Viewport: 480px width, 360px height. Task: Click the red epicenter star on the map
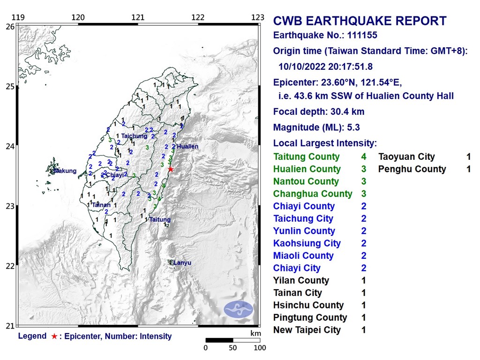click(171, 169)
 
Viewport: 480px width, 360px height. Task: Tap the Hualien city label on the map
click(187, 146)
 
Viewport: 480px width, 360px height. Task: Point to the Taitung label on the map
click(160, 219)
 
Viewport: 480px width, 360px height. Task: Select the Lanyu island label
click(182, 263)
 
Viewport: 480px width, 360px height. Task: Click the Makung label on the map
click(65, 171)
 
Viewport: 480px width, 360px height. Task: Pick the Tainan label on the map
click(101, 205)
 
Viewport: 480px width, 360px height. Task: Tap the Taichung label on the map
click(134, 136)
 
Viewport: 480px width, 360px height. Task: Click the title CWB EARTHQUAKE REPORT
click(360, 21)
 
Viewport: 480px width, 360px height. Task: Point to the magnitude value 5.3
click(354, 127)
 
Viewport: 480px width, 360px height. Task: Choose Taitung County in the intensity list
click(306, 157)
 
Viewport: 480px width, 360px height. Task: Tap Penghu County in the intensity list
click(412, 169)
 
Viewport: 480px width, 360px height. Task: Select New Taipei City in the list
click(307, 330)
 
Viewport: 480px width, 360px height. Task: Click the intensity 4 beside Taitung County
click(363, 157)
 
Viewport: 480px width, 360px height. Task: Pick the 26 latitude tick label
click(9, 27)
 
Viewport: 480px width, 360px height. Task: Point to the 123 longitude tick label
click(257, 18)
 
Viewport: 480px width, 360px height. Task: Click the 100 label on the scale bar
click(259, 348)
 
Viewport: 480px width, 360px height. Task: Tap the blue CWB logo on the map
click(238, 309)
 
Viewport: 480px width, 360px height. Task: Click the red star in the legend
click(54, 336)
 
